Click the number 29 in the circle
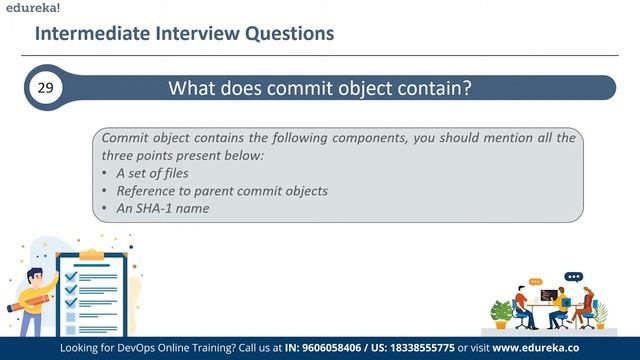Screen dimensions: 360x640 pos(45,89)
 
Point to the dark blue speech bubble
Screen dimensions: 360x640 pos(573,277)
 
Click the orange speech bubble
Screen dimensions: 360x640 pos(535,282)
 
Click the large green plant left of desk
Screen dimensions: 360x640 pos(500,311)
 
